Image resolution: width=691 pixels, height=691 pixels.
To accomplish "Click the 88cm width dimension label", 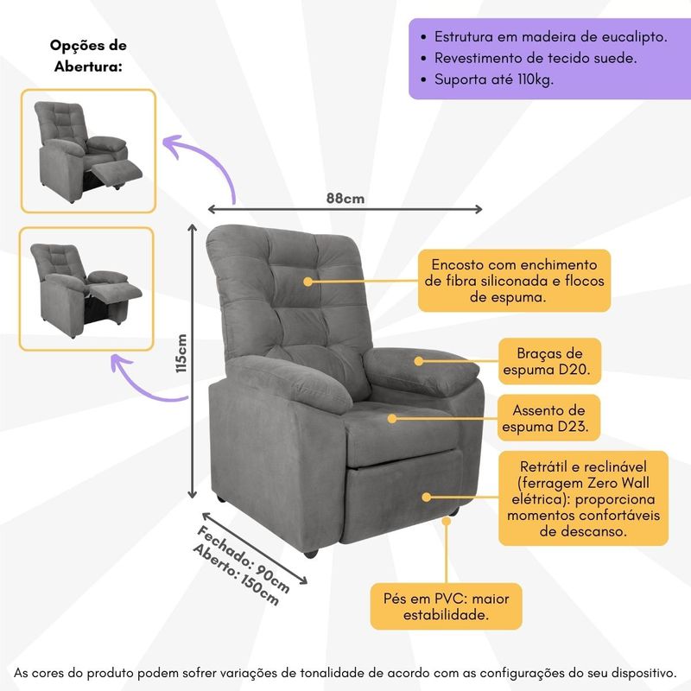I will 345,198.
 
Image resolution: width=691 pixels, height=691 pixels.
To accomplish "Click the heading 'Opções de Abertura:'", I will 87,56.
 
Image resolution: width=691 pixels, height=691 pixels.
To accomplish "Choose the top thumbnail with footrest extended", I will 88,151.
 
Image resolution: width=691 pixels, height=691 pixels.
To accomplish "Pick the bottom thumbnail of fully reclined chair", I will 87,289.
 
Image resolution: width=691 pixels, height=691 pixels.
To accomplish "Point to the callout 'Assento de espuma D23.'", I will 549,418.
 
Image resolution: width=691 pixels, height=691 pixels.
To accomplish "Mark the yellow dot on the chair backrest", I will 307,281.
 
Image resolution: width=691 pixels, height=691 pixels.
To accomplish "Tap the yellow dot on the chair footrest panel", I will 426,497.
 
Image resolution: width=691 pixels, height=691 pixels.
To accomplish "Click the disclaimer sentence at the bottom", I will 345,671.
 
